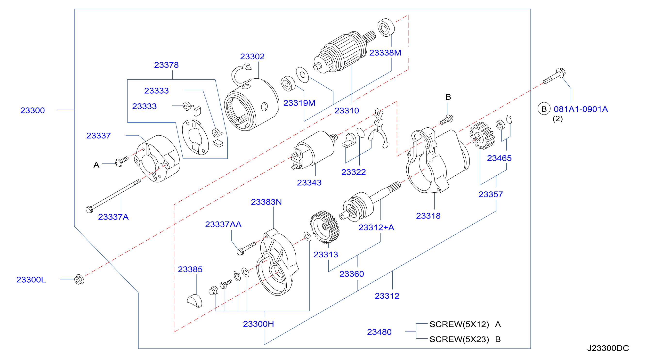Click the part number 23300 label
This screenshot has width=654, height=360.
[32, 111]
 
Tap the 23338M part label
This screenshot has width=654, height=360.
[385, 53]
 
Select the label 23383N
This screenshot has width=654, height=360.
[266, 202]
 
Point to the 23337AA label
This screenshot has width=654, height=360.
[223, 224]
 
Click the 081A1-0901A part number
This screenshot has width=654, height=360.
[581, 109]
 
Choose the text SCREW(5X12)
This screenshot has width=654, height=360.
[459, 324]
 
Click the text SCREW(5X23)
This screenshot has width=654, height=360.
[459, 339]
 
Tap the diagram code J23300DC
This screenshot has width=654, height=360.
[608, 348]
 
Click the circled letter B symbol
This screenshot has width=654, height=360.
[544, 109]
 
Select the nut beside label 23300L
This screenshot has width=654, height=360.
[79, 279]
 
